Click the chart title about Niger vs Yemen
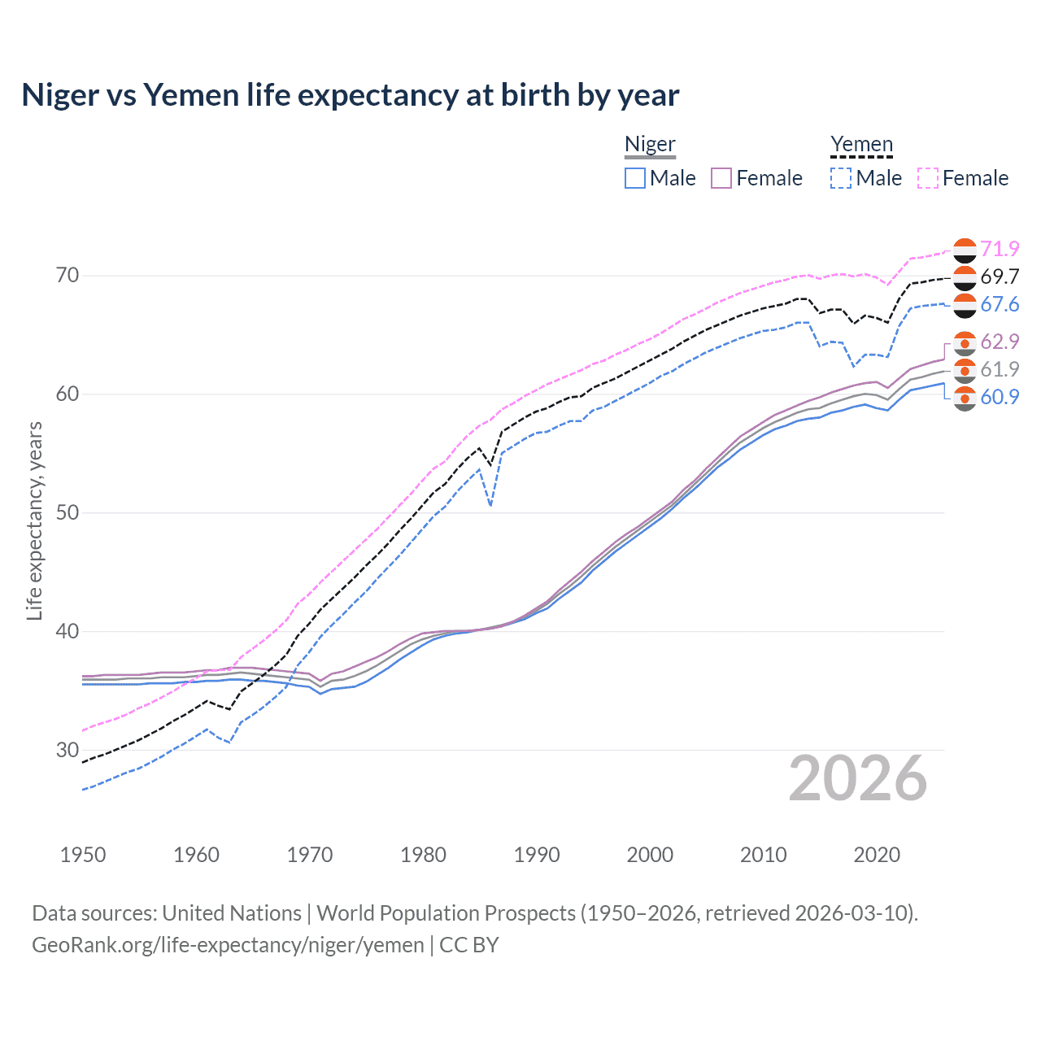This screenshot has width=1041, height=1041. (350, 95)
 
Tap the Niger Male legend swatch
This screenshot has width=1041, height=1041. (635, 178)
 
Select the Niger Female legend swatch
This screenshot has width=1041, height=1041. (721, 178)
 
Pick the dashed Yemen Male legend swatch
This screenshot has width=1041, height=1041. (841, 178)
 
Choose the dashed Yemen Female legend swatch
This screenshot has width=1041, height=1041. (928, 178)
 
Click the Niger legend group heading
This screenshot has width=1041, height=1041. (650, 145)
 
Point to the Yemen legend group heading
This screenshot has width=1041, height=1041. (861, 145)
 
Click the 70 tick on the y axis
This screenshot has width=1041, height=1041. (68, 276)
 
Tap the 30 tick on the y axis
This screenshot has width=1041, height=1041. (68, 750)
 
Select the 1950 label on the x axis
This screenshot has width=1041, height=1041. (83, 855)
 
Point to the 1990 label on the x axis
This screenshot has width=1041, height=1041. (537, 855)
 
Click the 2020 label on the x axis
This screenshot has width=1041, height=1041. (877, 855)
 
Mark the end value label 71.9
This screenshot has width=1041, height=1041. (1000, 249)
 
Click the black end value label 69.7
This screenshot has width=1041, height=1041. (1000, 277)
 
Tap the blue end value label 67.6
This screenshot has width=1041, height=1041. (1000, 304)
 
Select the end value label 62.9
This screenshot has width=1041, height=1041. (1000, 342)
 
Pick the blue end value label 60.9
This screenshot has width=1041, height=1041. (1000, 397)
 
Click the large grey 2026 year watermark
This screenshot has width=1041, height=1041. (858, 778)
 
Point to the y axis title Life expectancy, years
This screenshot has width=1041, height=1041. (35, 520)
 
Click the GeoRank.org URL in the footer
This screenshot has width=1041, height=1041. (228, 945)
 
